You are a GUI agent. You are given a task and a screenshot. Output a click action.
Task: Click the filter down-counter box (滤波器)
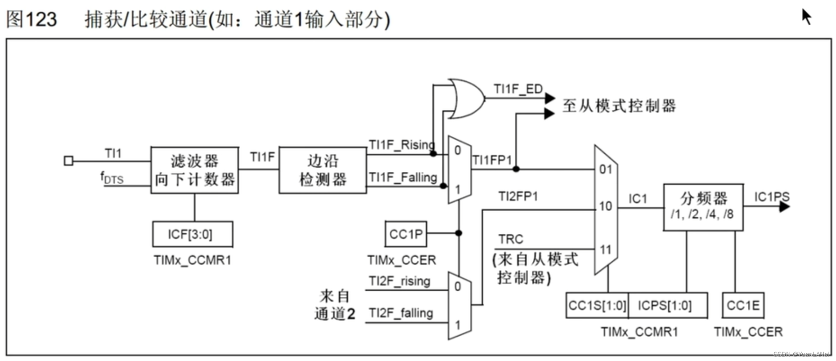click(194, 170)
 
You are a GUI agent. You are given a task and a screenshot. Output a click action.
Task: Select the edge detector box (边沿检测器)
click(323, 170)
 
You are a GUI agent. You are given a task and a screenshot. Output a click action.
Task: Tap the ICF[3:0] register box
click(193, 234)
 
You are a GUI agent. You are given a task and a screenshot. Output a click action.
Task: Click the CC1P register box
click(406, 234)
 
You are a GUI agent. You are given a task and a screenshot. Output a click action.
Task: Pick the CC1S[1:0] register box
click(597, 306)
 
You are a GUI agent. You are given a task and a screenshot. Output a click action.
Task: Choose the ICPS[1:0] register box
click(667, 306)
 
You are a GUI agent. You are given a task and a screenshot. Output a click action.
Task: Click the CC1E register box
click(743, 306)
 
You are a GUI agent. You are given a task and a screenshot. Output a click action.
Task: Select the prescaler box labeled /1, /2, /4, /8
click(703, 207)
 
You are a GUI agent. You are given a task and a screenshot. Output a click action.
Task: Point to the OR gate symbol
click(466, 99)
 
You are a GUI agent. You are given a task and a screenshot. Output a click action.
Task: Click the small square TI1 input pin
click(68, 160)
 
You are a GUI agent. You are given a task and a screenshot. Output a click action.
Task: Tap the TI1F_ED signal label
click(518, 89)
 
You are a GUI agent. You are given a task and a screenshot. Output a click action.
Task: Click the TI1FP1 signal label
click(492, 160)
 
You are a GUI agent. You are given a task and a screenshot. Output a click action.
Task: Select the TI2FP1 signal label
click(518, 196)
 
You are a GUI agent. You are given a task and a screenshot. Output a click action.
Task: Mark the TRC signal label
click(511, 239)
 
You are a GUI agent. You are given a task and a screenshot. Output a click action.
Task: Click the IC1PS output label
click(771, 197)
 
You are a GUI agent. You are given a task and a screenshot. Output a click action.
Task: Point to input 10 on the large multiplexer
click(605, 206)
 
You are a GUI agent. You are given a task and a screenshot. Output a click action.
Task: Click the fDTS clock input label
click(112, 178)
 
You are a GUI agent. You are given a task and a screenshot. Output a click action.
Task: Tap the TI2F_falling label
click(400, 313)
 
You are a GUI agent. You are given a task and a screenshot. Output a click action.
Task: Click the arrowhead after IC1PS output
click(784, 207)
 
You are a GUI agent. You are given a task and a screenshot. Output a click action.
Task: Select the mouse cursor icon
click(806, 17)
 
